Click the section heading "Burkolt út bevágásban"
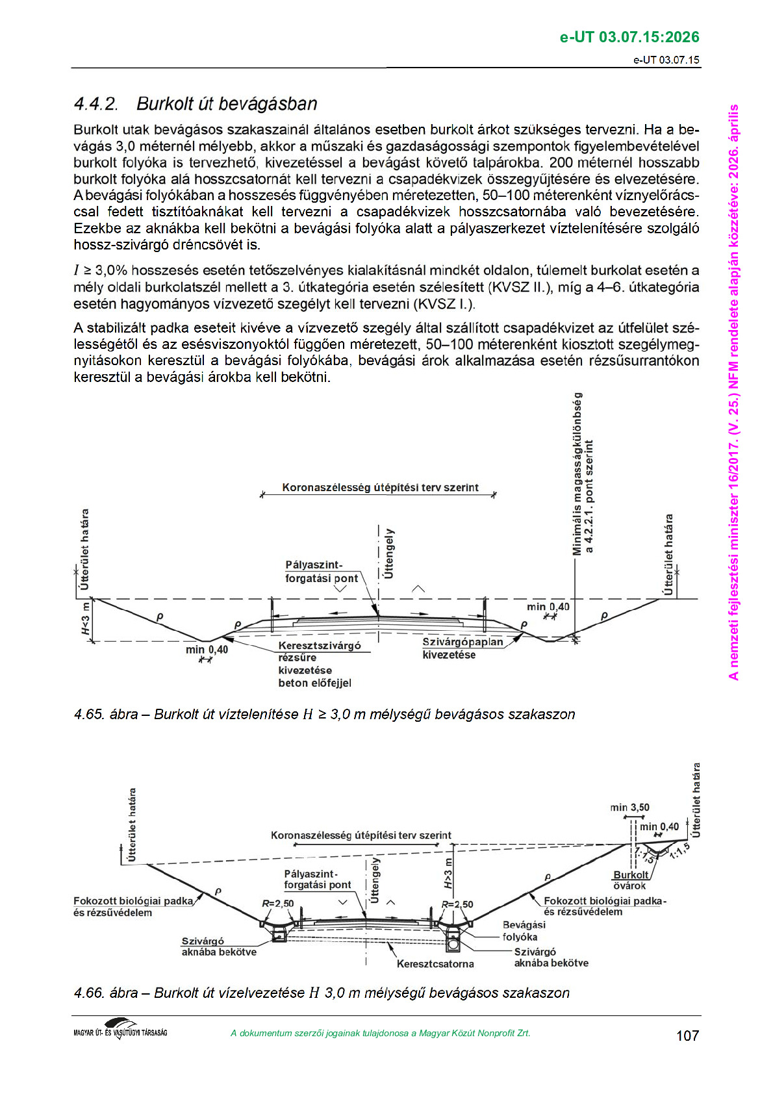point(227,104)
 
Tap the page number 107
point(687,1036)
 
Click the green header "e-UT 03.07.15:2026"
point(629,37)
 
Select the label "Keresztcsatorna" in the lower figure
point(435,964)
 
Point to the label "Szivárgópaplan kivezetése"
point(462,648)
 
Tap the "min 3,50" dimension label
point(629,808)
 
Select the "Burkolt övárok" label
point(630,880)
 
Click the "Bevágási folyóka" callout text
point(523,930)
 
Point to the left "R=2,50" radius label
point(277,904)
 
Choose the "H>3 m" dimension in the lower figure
point(448,874)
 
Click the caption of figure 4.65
point(324,715)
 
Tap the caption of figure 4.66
point(322,993)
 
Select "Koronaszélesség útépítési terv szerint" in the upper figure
point(380,487)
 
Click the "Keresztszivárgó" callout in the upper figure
point(319,646)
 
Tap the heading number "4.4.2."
point(96,104)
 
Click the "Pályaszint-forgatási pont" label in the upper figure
point(322,572)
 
